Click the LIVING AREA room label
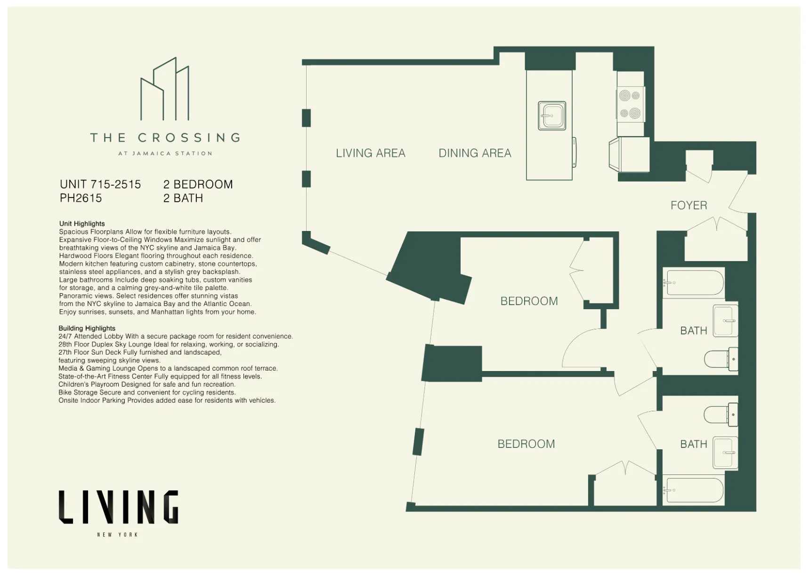(x=370, y=153)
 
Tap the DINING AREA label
(x=474, y=153)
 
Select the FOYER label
(x=688, y=206)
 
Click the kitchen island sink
(x=551, y=115)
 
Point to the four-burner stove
(x=630, y=104)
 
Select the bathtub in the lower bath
(x=693, y=490)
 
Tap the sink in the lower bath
(x=725, y=453)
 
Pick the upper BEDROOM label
(x=529, y=301)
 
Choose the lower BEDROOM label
(x=526, y=444)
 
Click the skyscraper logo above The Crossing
(x=165, y=90)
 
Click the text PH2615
(x=81, y=198)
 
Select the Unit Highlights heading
(x=82, y=224)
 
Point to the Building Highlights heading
(x=87, y=329)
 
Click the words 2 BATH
(x=183, y=198)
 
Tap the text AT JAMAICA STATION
(x=165, y=154)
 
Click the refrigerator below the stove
(x=629, y=155)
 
